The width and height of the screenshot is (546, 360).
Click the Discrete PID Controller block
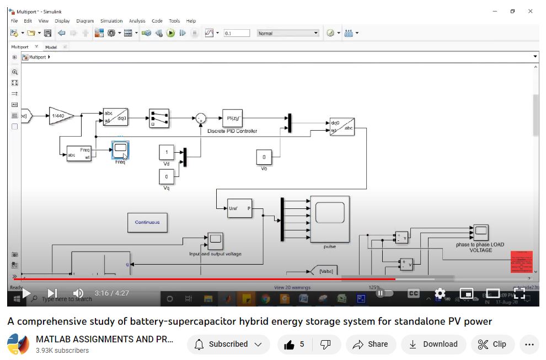232,118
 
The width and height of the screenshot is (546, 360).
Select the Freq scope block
120,149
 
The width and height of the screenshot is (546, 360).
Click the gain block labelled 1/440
61,116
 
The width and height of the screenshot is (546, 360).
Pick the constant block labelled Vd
167,152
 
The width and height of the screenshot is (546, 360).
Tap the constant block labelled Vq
167,177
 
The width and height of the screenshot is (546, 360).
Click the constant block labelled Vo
264,158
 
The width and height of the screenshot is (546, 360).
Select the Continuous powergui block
147,222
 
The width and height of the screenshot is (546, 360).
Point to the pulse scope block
329,219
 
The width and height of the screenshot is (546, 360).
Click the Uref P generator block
240,208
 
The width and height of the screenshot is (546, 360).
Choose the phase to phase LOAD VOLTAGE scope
480,232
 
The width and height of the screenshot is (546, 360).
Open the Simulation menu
111,21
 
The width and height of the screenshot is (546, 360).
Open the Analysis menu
137,21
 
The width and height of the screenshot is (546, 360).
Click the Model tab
51,47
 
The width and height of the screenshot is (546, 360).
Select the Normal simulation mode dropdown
288,33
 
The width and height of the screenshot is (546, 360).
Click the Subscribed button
228,345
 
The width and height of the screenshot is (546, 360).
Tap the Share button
371,345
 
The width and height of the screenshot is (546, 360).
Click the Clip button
492,345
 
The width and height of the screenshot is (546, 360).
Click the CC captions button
414,293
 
